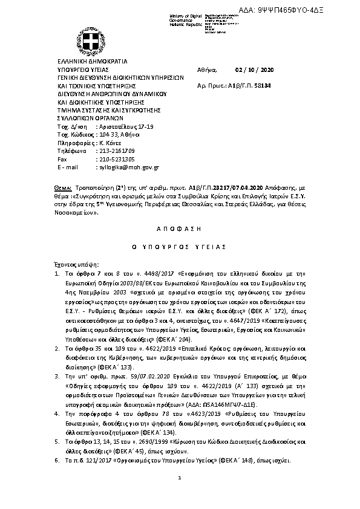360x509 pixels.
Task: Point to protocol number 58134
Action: point(261,86)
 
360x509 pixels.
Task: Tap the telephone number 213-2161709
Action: point(115,151)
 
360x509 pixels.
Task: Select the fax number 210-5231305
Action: point(115,159)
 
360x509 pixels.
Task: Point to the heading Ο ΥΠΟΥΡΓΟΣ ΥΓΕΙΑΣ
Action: point(180,247)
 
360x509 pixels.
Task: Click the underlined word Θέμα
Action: point(62,189)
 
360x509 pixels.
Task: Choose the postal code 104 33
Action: point(105,134)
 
